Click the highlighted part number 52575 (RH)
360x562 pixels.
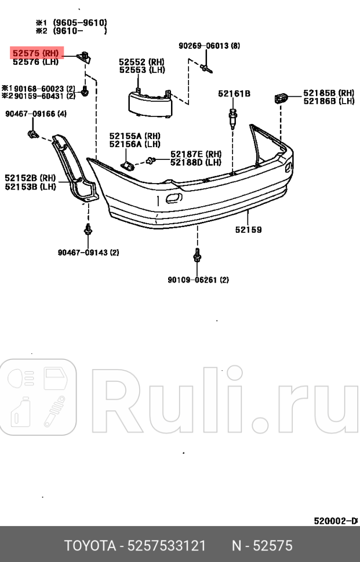coord(35,53)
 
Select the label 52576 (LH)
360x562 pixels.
coord(35,61)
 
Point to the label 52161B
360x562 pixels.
coord(234,93)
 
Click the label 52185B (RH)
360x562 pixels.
coord(328,93)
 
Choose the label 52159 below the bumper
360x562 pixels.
coord(248,229)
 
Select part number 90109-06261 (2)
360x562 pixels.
coord(198,280)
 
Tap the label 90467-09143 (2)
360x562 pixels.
coord(88,252)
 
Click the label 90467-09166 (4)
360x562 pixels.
coord(36,114)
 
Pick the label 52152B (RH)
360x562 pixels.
coord(30,178)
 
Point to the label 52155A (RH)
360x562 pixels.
coord(135,136)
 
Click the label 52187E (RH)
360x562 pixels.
coord(196,154)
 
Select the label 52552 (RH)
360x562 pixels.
coord(142,62)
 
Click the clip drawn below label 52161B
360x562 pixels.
coord(233,117)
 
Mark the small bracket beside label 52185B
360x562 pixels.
coord(281,97)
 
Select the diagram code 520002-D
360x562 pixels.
coord(335,521)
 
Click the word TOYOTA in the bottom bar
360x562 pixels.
coord(89,545)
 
